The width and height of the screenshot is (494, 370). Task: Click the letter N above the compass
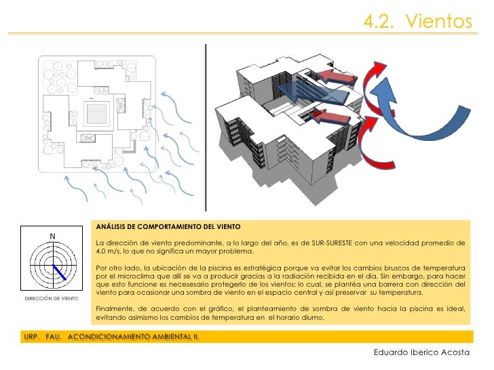tap(52, 237)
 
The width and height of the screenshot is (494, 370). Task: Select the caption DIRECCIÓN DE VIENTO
tap(51, 299)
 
